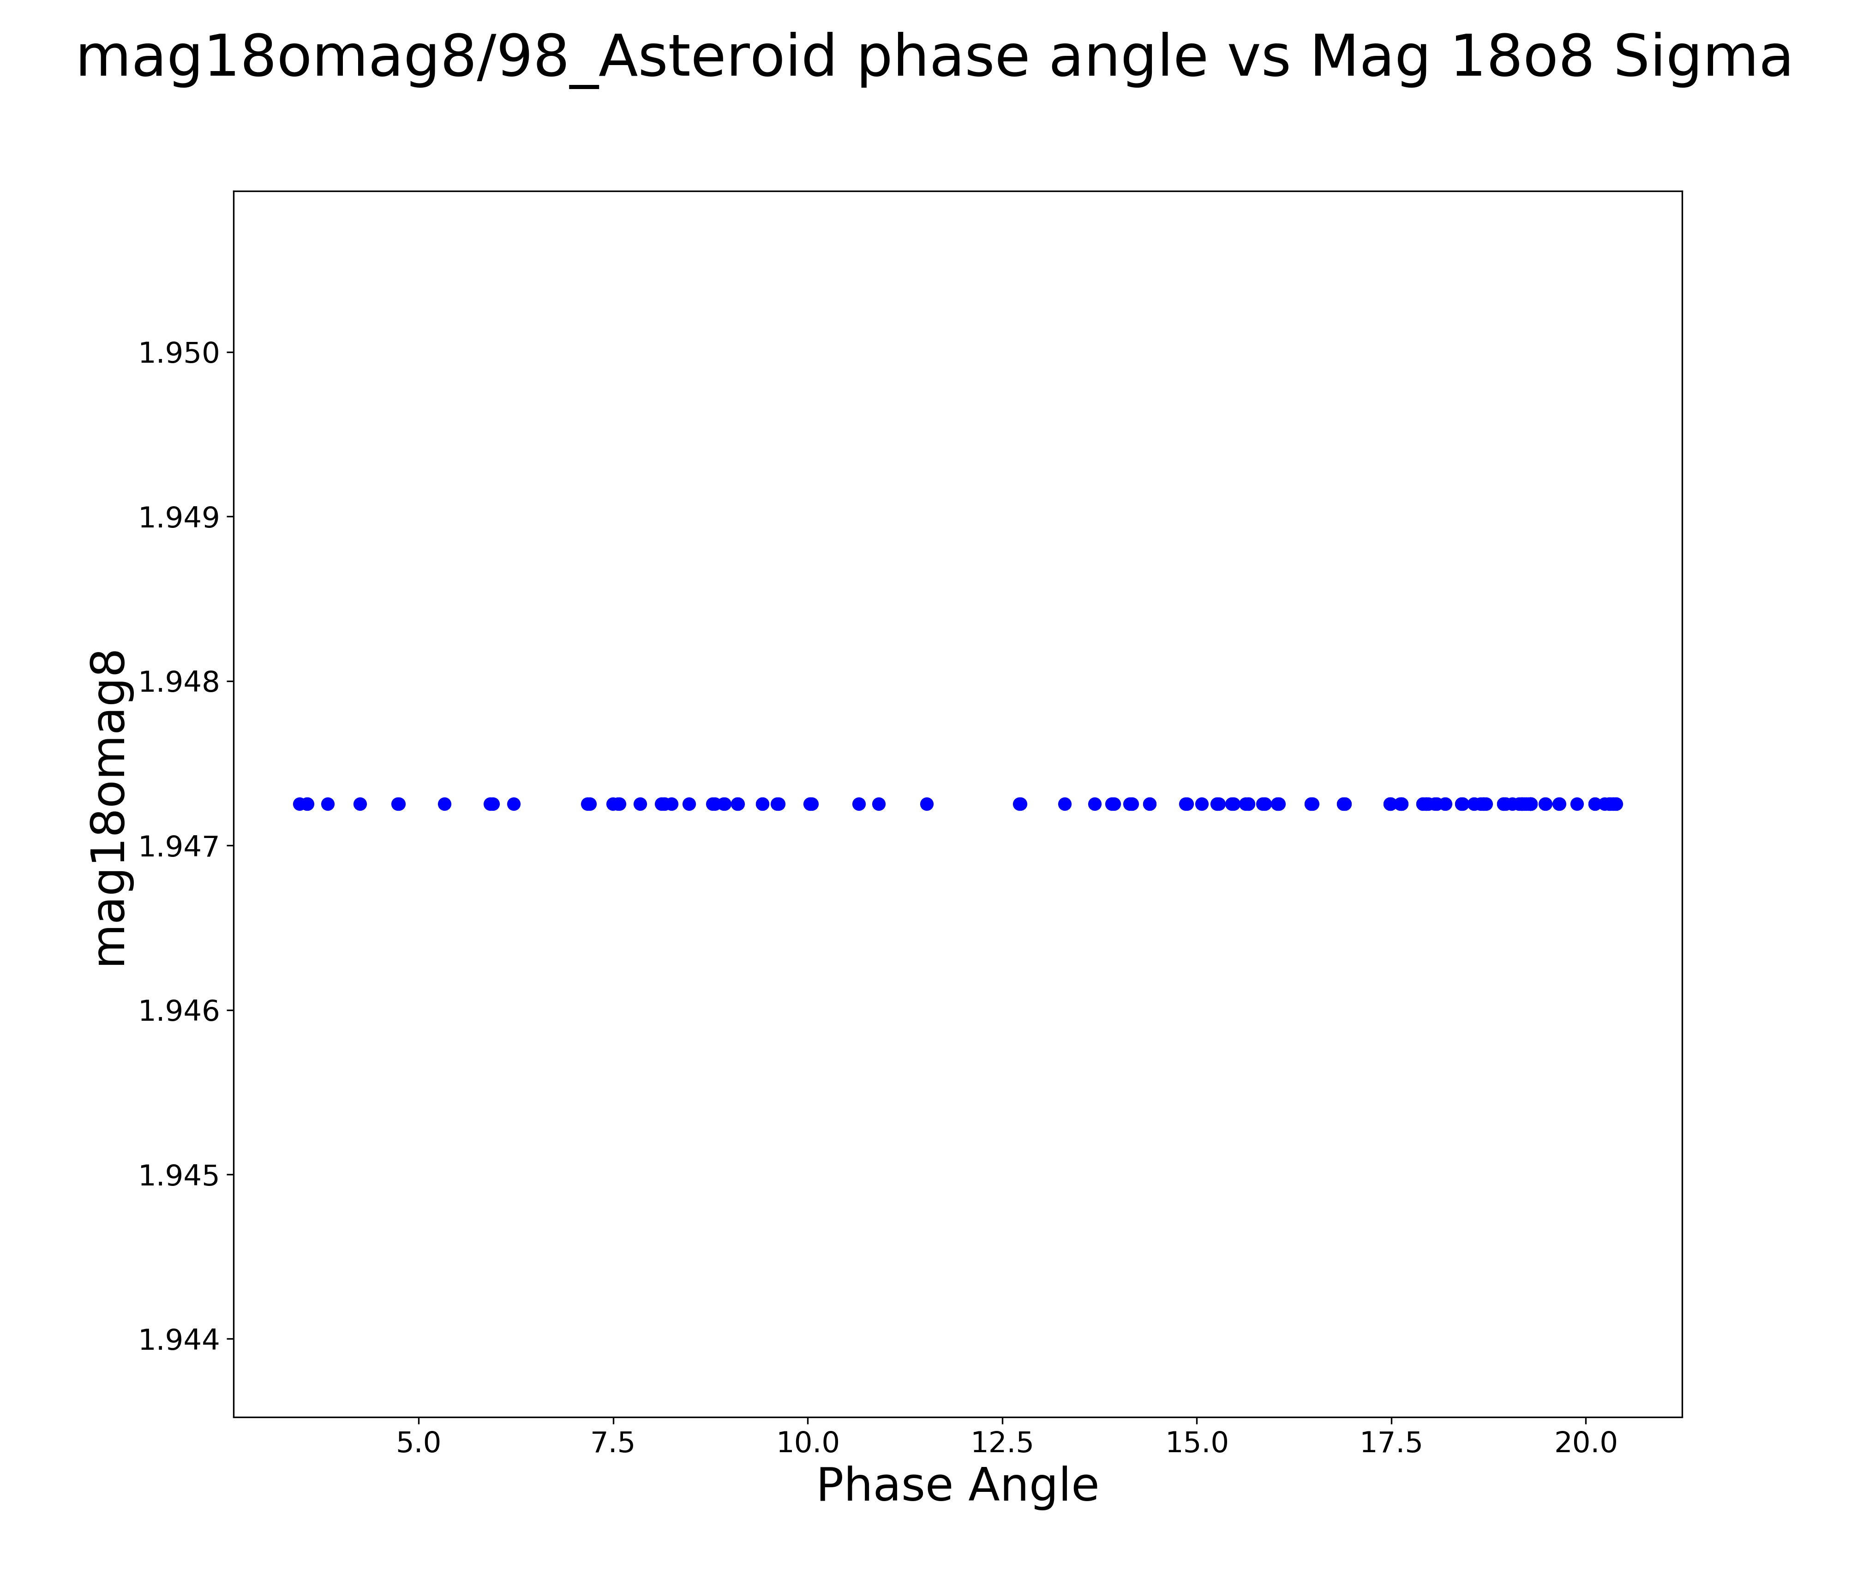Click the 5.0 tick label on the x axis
click(419, 1442)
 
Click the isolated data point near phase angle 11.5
click(926, 804)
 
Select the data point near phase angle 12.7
click(1020, 804)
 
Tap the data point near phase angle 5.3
click(445, 804)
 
